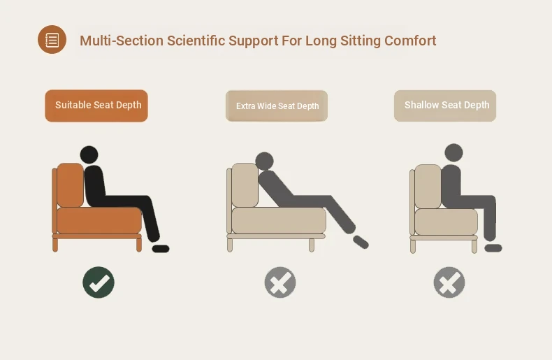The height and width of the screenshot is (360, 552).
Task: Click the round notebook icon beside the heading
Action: pos(52,39)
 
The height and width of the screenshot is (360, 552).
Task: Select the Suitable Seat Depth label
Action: pos(96,106)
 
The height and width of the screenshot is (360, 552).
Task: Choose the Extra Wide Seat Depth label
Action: pos(277,106)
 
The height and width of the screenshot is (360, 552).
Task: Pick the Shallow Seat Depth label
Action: pos(445,106)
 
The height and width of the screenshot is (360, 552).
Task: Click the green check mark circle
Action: pos(99,282)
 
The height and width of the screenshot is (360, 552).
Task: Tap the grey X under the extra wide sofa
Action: pos(280,282)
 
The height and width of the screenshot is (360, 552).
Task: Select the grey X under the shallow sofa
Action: pos(449,282)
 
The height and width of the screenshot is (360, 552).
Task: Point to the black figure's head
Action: pos(89,155)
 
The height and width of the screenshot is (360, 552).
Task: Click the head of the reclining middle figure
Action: pos(264,161)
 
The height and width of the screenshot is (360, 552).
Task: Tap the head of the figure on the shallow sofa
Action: pos(453,153)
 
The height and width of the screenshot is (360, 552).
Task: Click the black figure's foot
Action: pos(161,249)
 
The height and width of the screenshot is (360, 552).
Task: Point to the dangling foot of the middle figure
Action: pos(361,242)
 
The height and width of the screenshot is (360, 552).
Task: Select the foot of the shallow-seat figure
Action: pos(493,248)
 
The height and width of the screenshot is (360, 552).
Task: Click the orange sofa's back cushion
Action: pos(71,185)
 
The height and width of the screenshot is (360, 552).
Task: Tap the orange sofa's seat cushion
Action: pos(99,220)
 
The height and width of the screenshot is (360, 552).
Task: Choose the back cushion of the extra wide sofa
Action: pos(245,185)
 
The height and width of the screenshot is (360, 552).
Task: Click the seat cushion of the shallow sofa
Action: pos(446,222)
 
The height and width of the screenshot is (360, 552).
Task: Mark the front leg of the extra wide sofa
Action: pos(312,245)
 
